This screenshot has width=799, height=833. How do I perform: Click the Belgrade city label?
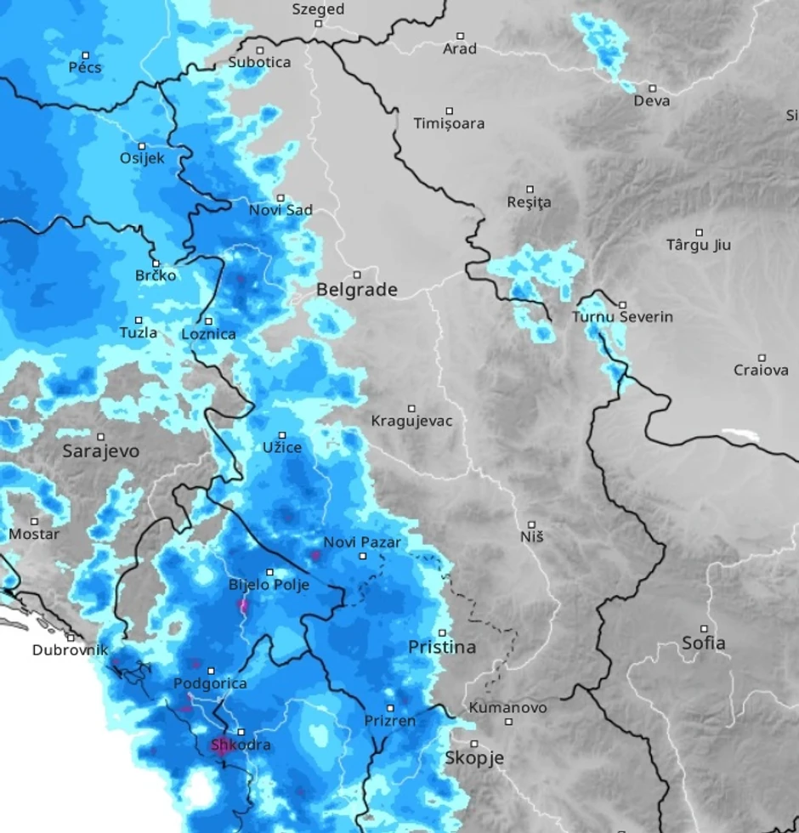coord(357,290)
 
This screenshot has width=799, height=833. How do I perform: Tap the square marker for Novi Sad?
coord(280,198)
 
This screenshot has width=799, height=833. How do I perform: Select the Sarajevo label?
coord(100,451)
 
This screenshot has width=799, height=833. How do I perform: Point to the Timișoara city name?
coord(449,123)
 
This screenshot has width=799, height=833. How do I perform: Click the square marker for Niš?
coord(532,524)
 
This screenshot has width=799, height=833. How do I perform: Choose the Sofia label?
coord(704,643)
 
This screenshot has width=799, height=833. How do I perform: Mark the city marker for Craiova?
coord(762,358)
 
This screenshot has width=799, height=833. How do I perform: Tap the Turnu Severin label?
coord(622,317)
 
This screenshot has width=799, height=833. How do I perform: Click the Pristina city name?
coord(442,648)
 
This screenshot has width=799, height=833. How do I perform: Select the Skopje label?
coord(474,758)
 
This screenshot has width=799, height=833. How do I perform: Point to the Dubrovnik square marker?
coord(71,637)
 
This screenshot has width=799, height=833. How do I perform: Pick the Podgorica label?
coord(210,683)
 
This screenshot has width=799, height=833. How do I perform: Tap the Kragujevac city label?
coord(411,421)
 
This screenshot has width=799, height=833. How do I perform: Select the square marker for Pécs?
coord(86,54)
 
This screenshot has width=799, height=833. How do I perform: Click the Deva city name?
coord(652,101)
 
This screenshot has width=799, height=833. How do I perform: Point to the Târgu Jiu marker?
coord(700,232)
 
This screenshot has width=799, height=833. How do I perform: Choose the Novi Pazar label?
coord(361,542)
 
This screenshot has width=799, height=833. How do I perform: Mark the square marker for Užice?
coord(283,435)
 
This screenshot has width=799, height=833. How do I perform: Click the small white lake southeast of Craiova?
coord(740,434)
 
